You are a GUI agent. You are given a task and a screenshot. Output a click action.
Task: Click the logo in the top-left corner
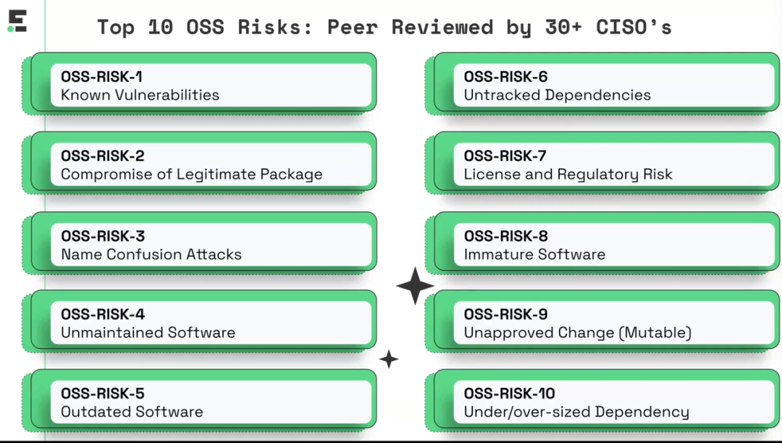(x=17, y=22)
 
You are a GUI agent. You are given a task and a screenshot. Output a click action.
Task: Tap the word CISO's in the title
(x=634, y=27)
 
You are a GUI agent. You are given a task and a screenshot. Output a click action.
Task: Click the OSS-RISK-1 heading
(x=102, y=77)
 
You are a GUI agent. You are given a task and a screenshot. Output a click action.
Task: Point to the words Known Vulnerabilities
(x=140, y=95)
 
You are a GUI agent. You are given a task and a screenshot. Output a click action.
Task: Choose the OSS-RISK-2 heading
(x=103, y=156)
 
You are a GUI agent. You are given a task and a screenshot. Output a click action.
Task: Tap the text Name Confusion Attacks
(x=151, y=254)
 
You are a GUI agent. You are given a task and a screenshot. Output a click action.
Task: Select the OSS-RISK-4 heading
(x=103, y=314)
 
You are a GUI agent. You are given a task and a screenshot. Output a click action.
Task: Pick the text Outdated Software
(x=133, y=412)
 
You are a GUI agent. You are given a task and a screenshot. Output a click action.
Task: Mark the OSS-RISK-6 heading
(x=505, y=77)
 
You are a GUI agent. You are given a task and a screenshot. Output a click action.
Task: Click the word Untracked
(x=503, y=95)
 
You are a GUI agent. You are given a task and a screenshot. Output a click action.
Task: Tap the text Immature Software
(x=534, y=254)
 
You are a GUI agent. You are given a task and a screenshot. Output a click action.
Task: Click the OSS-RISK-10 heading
(x=509, y=394)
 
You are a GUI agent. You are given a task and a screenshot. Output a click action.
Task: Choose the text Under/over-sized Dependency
(x=576, y=412)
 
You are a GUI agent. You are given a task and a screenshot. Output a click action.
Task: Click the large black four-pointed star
(x=415, y=286)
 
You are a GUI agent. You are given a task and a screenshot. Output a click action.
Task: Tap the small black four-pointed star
(x=389, y=359)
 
